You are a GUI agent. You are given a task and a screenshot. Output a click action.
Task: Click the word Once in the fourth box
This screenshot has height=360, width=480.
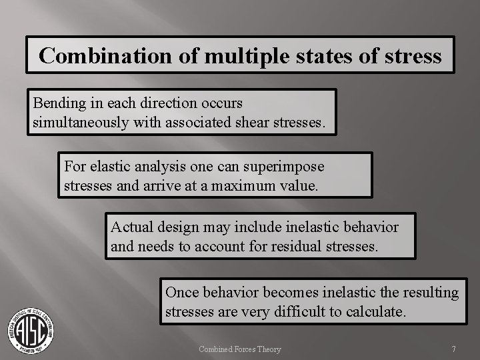click(181, 292)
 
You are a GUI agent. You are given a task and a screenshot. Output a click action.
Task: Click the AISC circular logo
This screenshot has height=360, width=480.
click(31, 329)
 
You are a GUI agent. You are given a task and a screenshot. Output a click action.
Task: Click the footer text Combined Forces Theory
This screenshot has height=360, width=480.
click(240, 349)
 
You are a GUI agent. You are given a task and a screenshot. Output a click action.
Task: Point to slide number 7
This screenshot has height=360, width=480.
click(453, 349)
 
